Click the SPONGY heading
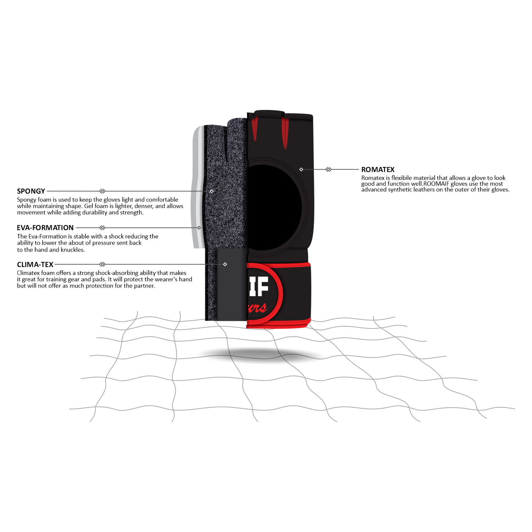pyautogui.click(x=31, y=191)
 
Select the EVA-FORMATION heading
pyautogui.click(x=45, y=228)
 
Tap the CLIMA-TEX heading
pyautogui.click(x=35, y=265)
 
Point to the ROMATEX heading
pyautogui.click(x=378, y=170)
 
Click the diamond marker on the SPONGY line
pyautogui.click(x=102, y=191)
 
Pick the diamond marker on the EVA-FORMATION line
pyautogui.click(x=102, y=228)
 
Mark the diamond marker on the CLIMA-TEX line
pyautogui.click(x=102, y=264)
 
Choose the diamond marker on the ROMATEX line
pyautogui.click(x=328, y=170)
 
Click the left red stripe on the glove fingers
pyautogui.click(x=254, y=129)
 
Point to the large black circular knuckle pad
pyautogui.click(x=273, y=207)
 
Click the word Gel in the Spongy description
pyautogui.click(x=89, y=206)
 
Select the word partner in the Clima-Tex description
pyautogui.click(x=144, y=286)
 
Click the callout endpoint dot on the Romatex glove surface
pyautogui.click(x=301, y=170)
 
